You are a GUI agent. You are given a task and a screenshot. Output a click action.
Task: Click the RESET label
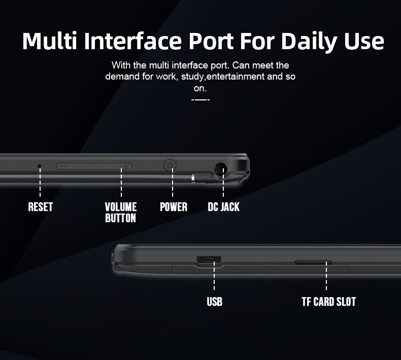41,207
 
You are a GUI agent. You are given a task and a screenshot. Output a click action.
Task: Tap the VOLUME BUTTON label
121,212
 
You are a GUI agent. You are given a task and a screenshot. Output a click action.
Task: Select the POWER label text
174,207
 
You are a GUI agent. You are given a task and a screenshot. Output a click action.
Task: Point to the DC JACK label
223,207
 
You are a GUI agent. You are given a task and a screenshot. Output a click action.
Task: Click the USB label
215,302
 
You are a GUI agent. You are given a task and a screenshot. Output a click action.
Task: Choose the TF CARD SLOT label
328,302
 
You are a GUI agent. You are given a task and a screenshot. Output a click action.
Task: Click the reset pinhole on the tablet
39,166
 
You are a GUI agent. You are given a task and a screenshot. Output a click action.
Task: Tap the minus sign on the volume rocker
61,166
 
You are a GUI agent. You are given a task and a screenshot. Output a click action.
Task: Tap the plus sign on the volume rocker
126,166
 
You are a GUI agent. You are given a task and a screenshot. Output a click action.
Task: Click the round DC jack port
220,168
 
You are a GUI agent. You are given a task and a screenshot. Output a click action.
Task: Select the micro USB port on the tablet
209,259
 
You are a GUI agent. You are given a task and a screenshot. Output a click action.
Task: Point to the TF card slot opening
313,262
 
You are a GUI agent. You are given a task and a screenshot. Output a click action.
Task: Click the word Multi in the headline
50,41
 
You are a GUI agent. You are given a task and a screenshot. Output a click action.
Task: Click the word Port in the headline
211,41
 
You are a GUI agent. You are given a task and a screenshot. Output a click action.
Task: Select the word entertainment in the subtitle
236,77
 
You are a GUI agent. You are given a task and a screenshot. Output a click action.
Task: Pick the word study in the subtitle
192,77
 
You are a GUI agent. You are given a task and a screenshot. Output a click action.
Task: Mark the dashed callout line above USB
214,276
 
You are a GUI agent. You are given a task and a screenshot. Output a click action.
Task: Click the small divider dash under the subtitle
201,99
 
